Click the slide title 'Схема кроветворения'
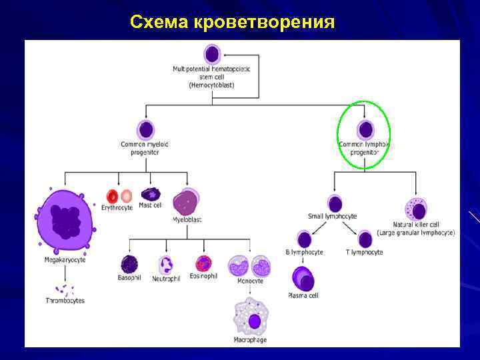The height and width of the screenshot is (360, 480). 232,21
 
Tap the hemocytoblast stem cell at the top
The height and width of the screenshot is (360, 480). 212,54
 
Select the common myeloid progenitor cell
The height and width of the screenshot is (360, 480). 145,129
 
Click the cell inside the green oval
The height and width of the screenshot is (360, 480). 365,129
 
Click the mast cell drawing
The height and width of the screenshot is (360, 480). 151,194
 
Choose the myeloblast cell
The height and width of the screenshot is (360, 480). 186,201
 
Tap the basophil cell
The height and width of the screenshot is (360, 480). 128,264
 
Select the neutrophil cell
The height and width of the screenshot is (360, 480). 166,265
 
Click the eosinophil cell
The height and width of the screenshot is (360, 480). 203,264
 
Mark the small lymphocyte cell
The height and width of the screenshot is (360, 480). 335,203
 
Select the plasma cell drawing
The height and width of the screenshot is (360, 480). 303,279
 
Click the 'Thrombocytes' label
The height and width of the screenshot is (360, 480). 65,301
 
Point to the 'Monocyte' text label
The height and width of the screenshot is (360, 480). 249,281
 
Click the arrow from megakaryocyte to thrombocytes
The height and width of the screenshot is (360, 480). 65,273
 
